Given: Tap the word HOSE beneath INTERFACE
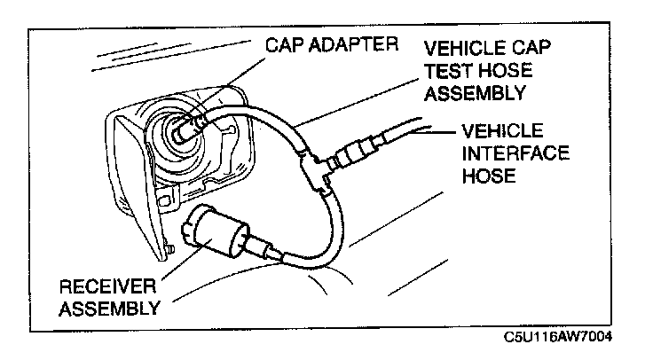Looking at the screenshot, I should pos(489,176).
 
